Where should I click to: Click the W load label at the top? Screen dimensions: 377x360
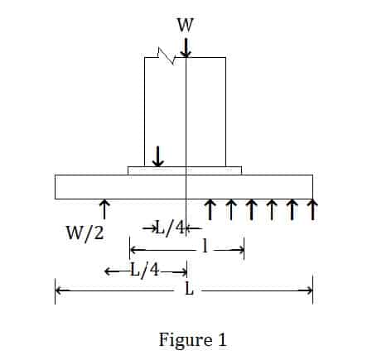coord(185,25)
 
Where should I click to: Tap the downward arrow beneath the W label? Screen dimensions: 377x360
coord(186,48)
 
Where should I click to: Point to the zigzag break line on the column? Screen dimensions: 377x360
coord(167,56)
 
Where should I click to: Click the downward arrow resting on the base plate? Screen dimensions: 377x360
coord(157,156)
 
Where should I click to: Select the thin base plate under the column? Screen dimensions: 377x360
coord(185,170)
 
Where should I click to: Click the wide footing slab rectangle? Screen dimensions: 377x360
coord(184,187)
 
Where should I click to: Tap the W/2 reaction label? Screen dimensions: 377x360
coord(85,233)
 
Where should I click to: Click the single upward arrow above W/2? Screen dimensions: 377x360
coord(104,209)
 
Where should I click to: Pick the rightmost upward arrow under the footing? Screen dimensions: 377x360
coord(312,210)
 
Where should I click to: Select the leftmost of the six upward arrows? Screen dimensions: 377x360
coord(210,210)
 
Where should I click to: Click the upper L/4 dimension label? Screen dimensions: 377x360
coord(170,228)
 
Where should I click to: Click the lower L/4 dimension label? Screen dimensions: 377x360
coord(145,270)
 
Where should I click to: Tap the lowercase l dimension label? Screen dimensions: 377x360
coord(205,246)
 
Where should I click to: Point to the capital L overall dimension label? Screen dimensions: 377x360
coord(189,289)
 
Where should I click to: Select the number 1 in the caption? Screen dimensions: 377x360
coord(222,339)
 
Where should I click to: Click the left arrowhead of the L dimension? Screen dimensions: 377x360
coord(59,290)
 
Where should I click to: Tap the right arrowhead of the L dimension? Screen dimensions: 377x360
coord(309,290)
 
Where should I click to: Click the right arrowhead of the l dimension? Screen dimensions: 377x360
coord(241,250)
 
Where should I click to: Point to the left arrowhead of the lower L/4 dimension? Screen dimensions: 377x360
coord(108,271)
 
